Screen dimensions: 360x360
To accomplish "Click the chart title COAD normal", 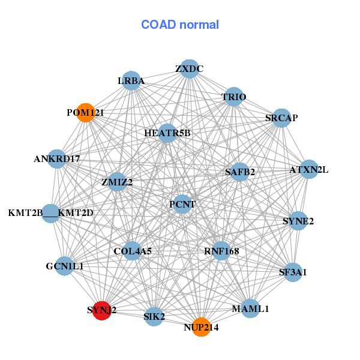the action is pos(179,25).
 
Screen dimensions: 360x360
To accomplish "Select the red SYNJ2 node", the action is pos(102,311).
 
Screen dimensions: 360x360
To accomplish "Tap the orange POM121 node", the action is pos(86,113).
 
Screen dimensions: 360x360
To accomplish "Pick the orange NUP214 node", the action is pos(201,327).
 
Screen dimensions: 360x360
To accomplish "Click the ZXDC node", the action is pos(189,69).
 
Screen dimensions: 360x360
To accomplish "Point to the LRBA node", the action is pos(131,81).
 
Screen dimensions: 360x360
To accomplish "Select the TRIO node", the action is pos(233,97).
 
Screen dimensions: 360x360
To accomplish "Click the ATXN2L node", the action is pos(309,170).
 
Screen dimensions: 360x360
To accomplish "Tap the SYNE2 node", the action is pos(298,221).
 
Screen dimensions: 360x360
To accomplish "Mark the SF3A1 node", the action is pos(293,272).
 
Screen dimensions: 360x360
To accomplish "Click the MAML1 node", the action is pos(250,309).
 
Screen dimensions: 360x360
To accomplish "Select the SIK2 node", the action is pos(154,316).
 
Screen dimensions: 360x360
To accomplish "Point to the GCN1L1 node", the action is pos(65,266).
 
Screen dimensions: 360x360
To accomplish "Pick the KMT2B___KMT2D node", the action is pos(51,213).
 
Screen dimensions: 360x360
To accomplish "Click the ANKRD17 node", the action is pos(57,160).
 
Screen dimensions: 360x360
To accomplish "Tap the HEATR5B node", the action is pos(167,133).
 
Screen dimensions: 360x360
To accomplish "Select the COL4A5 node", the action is pos(133,251).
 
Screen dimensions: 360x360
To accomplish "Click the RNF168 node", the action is pos(221,251).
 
